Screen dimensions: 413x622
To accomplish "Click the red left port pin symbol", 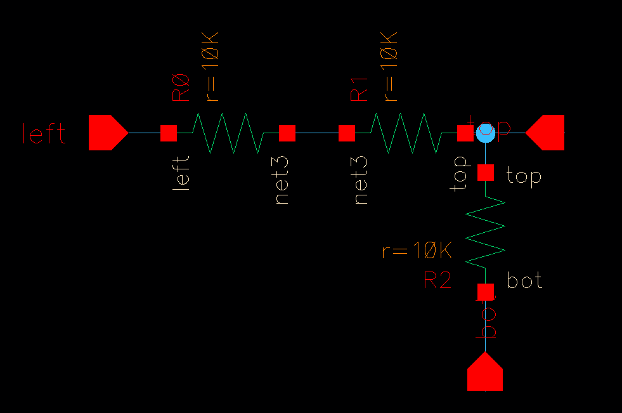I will tap(107, 133).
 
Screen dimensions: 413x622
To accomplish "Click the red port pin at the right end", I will tap(547, 133).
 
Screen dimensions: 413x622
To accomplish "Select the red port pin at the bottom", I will tap(485, 372).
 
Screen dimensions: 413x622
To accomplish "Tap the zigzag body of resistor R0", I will tap(227, 133).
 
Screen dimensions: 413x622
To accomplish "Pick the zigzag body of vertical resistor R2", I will tap(486, 232).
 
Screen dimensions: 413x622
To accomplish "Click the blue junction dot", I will tap(486, 133).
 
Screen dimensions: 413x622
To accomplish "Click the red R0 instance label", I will tap(181, 88).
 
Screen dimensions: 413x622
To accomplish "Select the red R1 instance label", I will tap(360, 88).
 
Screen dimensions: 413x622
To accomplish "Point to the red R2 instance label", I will tap(437, 280).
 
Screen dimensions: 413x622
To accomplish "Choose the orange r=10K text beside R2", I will tap(417, 251).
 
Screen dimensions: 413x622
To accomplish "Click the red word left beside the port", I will tap(44, 134).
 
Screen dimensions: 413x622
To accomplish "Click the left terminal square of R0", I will tap(168, 133).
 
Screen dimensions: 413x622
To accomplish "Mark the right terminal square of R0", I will tap(287, 133).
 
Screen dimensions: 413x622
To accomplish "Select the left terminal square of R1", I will tap(346, 133).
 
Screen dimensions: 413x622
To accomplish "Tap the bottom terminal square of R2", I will tap(486, 291).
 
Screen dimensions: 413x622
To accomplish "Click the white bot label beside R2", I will tap(525, 280).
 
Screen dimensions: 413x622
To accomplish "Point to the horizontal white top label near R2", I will tap(524, 176).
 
